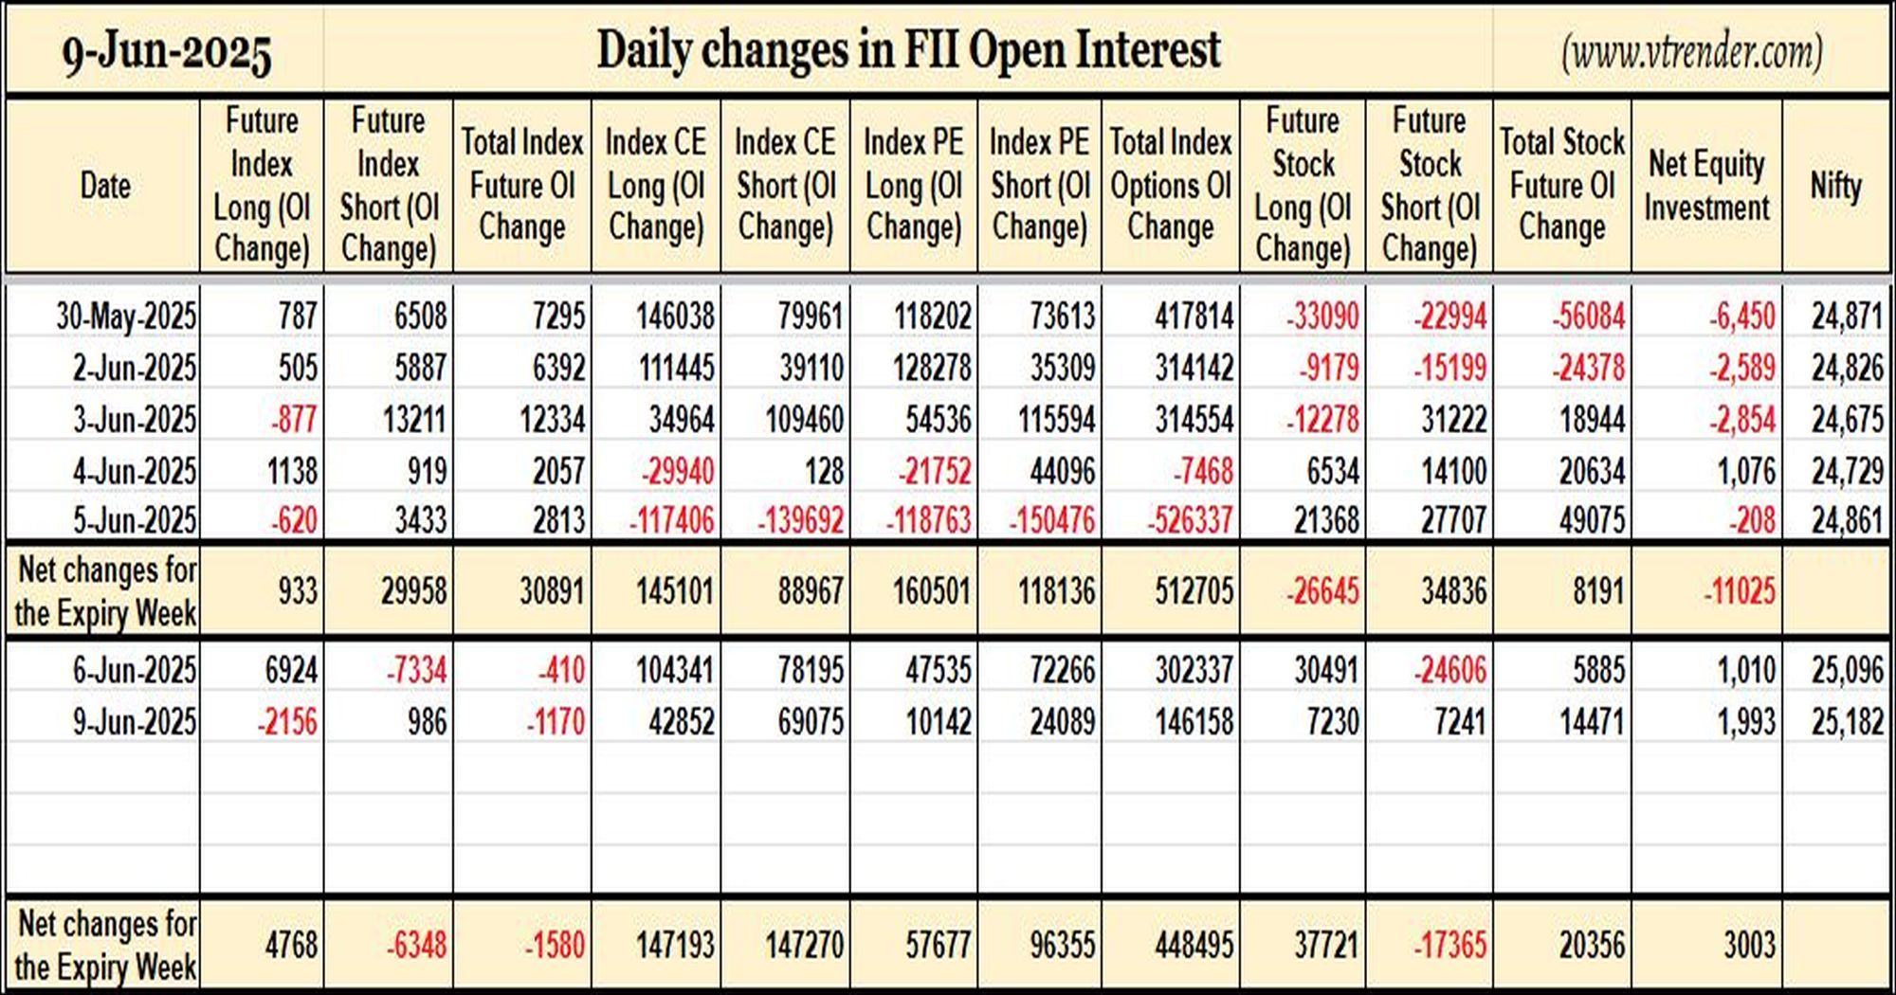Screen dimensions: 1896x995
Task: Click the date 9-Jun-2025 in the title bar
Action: point(167,53)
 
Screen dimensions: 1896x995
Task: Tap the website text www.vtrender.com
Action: point(1692,53)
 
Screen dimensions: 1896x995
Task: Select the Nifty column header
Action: point(1836,185)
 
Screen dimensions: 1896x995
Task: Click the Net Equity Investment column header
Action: point(1706,186)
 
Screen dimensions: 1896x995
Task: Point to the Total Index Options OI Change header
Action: point(1171,185)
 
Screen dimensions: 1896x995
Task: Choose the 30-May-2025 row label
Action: point(126,316)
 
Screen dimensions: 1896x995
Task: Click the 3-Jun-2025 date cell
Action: point(135,419)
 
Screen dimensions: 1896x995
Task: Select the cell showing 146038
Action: point(674,316)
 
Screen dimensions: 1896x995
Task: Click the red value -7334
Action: point(416,671)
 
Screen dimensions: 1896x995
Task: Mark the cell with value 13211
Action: point(414,419)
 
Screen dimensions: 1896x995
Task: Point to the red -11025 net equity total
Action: point(1740,591)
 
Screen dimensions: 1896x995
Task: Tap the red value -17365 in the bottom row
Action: point(1449,945)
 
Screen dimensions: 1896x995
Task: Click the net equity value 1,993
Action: point(1746,722)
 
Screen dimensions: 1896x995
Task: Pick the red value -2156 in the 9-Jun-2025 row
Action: point(287,722)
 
